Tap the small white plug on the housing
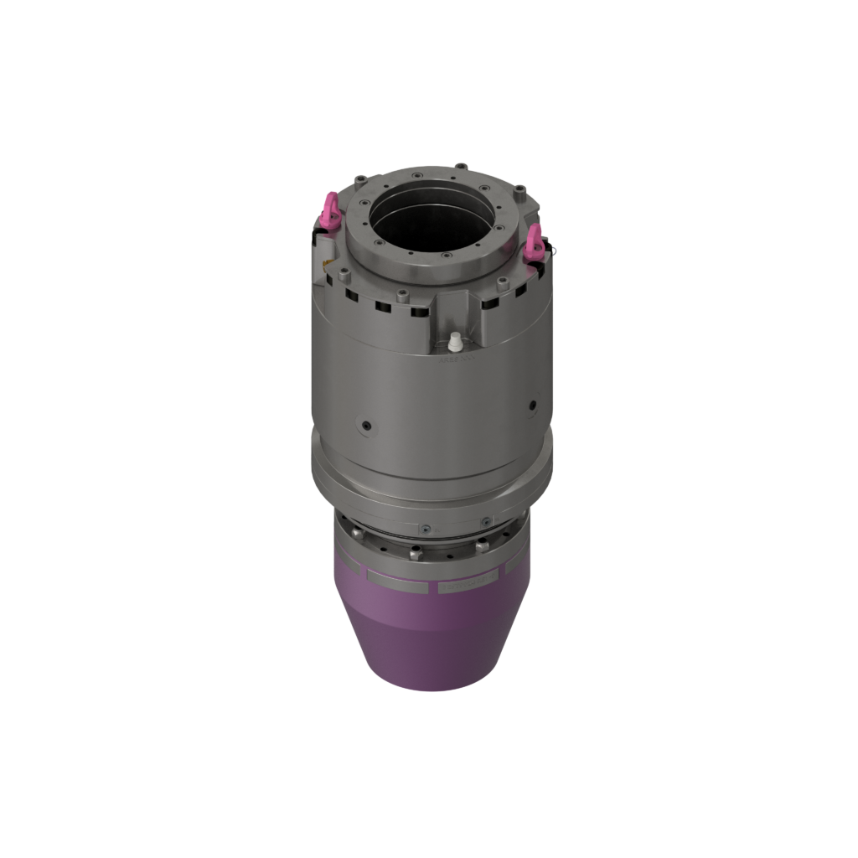point(455,342)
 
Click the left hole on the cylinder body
point(365,426)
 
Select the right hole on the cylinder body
point(531,406)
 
